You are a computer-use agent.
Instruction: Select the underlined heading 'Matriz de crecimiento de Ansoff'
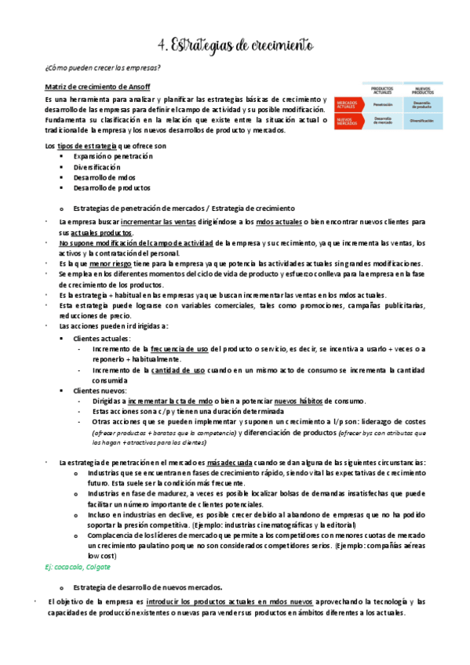click(x=97, y=86)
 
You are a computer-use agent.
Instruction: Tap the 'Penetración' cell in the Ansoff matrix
click(x=383, y=104)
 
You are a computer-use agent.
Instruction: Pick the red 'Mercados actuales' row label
click(x=348, y=104)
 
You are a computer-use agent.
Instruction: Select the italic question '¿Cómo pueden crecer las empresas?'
click(x=103, y=69)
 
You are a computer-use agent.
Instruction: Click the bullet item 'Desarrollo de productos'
click(x=111, y=187)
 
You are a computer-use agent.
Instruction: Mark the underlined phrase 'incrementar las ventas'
click(x=180, y=223)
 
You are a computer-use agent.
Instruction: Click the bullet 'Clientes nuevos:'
click(x=101, y=390)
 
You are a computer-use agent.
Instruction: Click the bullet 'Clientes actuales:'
click(x=102, y=338)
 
